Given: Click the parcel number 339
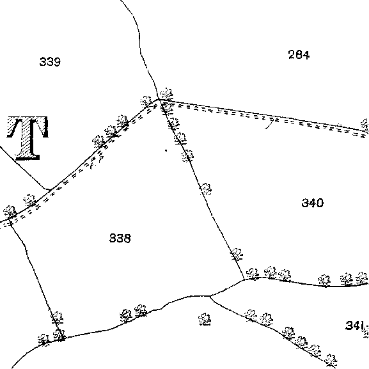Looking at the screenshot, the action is [50, 61].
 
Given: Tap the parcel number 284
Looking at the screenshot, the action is [299, 55].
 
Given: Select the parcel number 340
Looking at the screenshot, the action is [313, 203].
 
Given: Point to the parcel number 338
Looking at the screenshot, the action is [120, 238].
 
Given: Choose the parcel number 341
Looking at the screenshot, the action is [353, 326].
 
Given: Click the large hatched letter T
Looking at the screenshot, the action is [27, 138].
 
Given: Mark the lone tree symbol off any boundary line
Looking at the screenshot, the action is [205, 319].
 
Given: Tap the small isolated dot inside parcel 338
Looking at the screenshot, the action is [166, 150].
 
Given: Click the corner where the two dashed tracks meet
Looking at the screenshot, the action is [159, 100].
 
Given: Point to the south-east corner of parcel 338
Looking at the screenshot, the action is [244, 279].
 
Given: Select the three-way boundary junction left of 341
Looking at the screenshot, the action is [210, 296].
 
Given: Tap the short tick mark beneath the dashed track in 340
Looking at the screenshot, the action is [269, 125].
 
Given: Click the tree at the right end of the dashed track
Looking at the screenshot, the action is [365, 125].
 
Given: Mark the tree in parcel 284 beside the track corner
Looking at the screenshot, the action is [166, 94].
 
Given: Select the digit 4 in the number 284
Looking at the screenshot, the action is [306, 55].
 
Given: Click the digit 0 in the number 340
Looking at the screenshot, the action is [320, 203].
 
